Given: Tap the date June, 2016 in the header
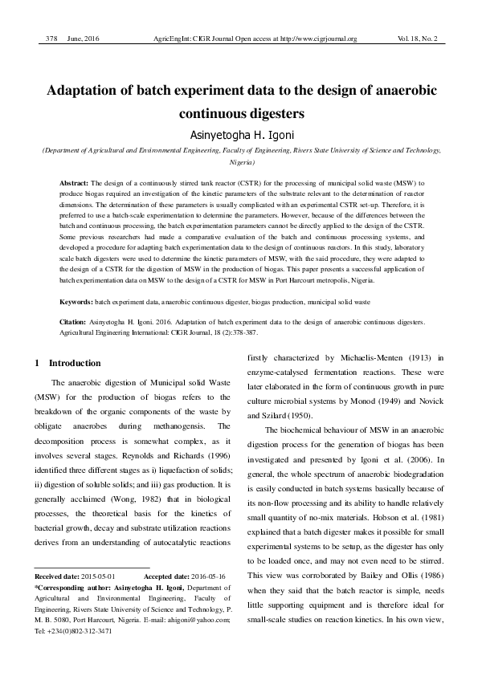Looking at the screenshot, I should (83, 39).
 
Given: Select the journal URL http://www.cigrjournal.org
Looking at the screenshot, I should (312, 39).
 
